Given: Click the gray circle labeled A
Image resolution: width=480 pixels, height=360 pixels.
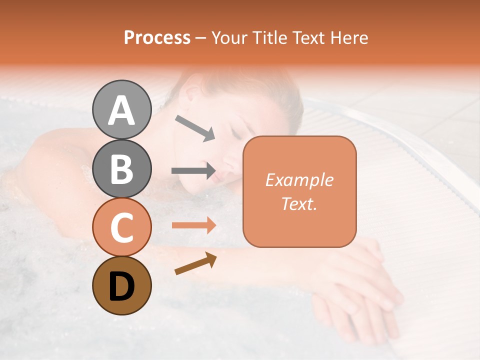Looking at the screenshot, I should pos(122,109).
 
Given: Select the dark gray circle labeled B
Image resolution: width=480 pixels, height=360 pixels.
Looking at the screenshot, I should pos(122,168).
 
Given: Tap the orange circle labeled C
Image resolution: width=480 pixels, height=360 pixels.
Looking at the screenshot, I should pos(122,227).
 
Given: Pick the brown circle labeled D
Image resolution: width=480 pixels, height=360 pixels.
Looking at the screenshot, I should pos(122,286).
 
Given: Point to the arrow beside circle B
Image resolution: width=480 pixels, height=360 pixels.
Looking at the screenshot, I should pos(193,171).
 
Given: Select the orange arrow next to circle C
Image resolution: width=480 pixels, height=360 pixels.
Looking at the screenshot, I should pos(193,225).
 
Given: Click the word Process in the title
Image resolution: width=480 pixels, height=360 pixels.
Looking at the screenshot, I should pos(157,38).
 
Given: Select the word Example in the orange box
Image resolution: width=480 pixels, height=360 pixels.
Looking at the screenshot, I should pos(299,180).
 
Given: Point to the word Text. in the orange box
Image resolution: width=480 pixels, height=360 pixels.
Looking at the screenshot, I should pos(299,203).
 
